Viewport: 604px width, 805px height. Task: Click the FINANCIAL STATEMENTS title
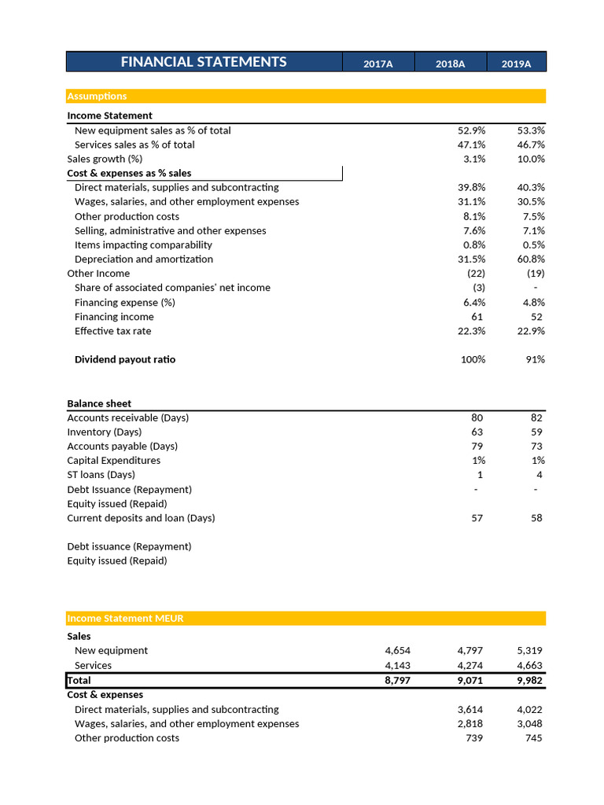point(204,62)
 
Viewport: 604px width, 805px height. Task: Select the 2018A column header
point(450,64)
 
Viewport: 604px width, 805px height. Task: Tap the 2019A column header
point(516,64)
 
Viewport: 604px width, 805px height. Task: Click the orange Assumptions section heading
point(97,96)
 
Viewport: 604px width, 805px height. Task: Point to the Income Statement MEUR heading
point(125,618)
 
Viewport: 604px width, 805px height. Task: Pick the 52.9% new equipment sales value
point(471,130)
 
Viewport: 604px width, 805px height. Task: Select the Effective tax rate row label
point(112,331)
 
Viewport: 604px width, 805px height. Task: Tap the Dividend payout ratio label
point(125,359)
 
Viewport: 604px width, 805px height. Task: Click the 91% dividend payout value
point(535,359)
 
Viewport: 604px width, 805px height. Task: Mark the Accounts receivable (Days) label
point(127,417)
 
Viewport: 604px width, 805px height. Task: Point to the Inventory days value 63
point(477,432)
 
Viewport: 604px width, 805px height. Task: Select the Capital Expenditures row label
point(113,460)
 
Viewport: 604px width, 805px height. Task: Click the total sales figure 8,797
point(397,680)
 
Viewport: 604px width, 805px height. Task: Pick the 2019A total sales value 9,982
point(529,680)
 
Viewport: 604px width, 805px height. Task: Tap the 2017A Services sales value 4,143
point(397,665)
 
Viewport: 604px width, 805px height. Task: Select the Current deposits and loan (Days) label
point(141,518)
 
